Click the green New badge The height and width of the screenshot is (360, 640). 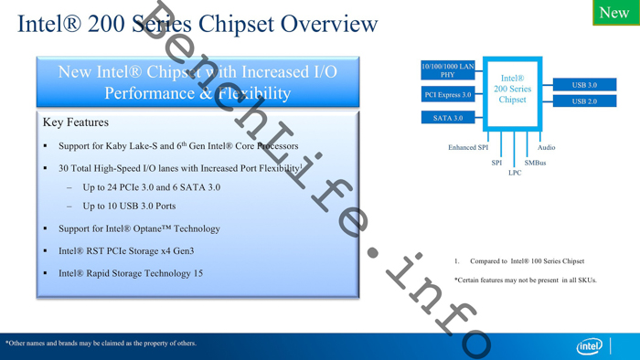pos(614,12)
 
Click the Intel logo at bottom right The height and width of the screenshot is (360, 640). pos(590,346)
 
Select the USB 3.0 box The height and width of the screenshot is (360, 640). pos(584,85)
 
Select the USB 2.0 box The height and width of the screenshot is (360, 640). pos(584,101)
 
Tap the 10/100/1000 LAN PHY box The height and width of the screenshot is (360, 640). pos(447,70)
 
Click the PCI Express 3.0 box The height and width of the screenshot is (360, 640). pos(447,94)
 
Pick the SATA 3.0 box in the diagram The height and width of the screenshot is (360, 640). pos(447,117)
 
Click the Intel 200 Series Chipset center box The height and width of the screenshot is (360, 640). pos(512,90)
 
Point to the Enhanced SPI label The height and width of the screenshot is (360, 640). pos(468,147)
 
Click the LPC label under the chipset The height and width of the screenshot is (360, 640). pos(515,173)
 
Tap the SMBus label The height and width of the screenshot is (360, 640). pos(535,163)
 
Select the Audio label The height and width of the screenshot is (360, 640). pos(546,147)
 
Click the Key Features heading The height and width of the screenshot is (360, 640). pos(75,122)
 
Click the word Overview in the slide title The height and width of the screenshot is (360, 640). pos(328,24)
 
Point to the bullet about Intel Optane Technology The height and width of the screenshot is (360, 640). pos(139,228)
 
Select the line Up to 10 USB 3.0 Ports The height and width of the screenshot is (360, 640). pos(129,206)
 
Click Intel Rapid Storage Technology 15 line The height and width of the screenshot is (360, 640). pos(131,273)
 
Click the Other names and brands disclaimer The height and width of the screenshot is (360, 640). pos(101,344)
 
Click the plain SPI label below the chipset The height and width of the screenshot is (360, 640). pos(496,163)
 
